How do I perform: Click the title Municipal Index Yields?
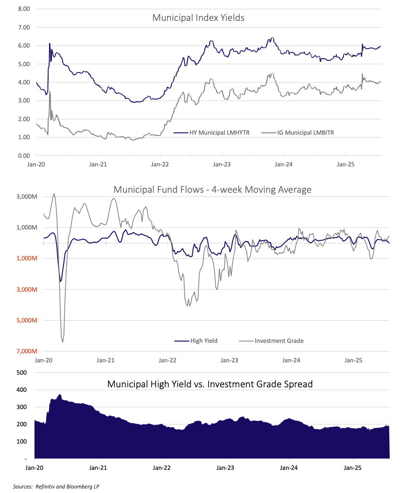tap(198, 18)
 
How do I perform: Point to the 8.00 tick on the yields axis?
tap(24, 9)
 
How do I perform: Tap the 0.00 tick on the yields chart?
tap(24, 156)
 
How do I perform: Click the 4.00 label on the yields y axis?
tap(24, 83)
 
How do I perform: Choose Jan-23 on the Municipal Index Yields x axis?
tap(221, 165)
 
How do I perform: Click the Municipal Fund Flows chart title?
tap(212, 190)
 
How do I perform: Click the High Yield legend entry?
tap(203, 341)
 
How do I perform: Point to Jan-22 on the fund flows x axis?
tap(167, 361)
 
